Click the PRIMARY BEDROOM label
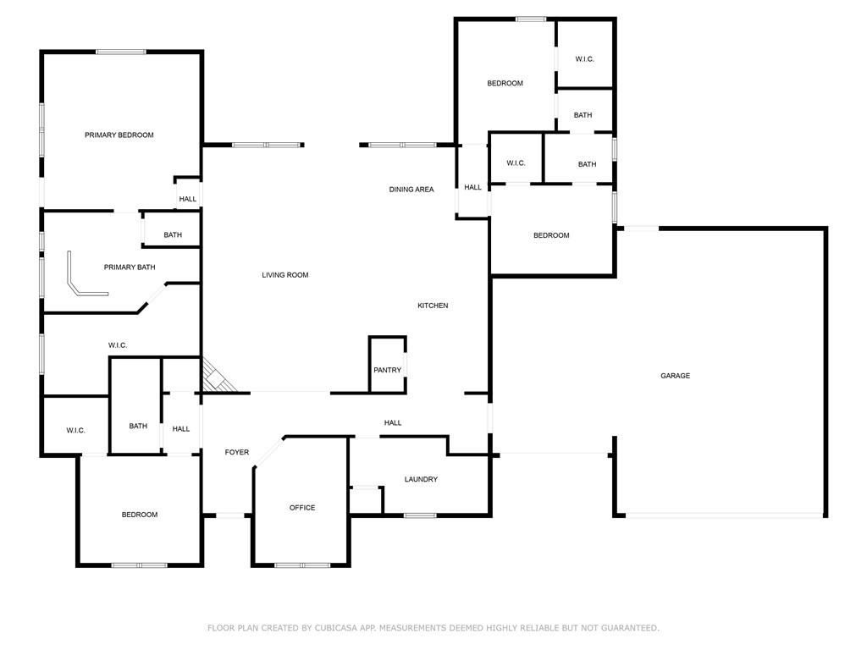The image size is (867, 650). tap(119, 135)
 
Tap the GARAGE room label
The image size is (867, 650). tap(675, 376)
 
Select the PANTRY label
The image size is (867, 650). tap(387, 371)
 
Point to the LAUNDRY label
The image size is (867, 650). tap(421, 480)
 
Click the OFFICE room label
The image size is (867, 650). tap(302, 508)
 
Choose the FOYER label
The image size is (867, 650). tap(237, 453)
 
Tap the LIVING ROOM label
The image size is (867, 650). tap(284, 275)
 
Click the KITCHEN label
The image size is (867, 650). tap(433, 306)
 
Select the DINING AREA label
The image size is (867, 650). tap(411, 190)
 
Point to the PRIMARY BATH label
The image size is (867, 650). tap(130, 267)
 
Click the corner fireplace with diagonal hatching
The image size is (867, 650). tap(217, 377)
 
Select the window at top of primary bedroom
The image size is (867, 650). tap(121, 52)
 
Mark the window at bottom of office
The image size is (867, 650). tap(302, 565)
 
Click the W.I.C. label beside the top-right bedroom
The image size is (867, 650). tap(584, 59)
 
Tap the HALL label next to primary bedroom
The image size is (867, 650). tap(187, 200)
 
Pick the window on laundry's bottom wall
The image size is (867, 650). tap(419, 515)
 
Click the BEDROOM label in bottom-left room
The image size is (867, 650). tap(139, 515)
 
